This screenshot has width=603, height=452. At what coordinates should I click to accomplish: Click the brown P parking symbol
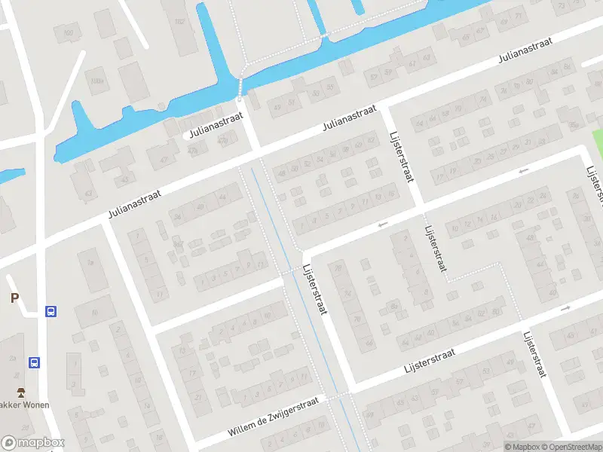click(x=14, y=298)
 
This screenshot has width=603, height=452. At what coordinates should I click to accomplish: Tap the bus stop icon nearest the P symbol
click(x=51, y=311)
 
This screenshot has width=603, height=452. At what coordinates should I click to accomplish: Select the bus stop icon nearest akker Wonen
click(x=35, y=362)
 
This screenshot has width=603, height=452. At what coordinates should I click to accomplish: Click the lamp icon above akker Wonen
click(x=21, y=392)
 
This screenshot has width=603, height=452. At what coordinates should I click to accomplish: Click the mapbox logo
click(x=33, y=443)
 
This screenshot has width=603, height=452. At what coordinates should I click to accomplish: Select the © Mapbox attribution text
click(x=522, y=447)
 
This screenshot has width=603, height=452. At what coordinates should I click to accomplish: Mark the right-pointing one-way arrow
click(x=566, y=308)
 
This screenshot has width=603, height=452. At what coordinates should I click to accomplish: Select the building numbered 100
click(x=69, y=32)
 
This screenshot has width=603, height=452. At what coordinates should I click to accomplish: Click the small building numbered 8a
click(x=393, y=305)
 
